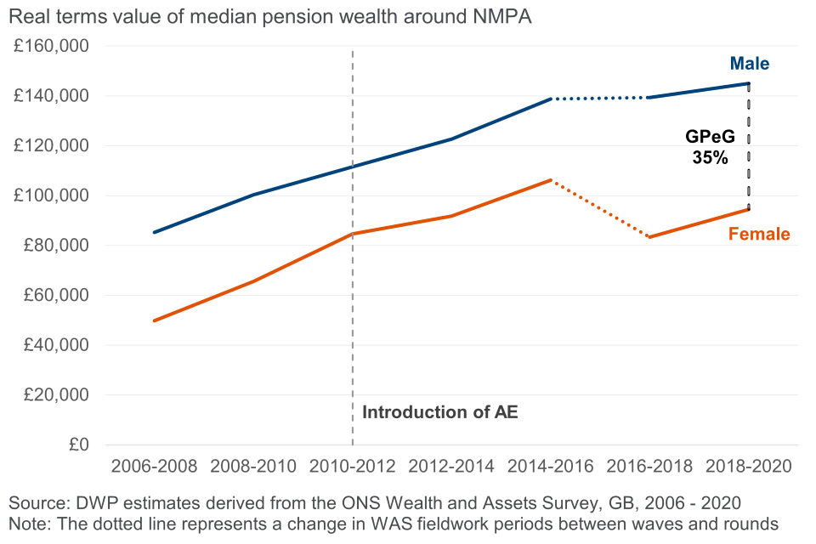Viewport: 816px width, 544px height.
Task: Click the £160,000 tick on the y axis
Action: tap(52, 46)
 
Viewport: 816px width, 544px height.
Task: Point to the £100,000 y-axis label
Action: tap(52, 195)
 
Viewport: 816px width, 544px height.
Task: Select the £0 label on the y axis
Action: tap(80, 445)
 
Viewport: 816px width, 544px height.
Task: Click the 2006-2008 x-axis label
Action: tap(154, 467)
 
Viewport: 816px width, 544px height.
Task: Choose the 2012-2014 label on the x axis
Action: tap(451, 467)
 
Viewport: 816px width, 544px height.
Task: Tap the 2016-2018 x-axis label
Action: tap(650, 467)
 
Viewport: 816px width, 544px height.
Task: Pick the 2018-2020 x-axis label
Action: tap(749, 467)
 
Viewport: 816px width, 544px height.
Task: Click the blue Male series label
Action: tap(750, 64)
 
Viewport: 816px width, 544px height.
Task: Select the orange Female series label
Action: tap(759, 235)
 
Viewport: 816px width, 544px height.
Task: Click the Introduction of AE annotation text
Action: tap(439, 413)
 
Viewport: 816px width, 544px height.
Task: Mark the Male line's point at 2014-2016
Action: tap(551, 99)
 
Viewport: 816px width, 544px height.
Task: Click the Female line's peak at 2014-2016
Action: tap(551, 180)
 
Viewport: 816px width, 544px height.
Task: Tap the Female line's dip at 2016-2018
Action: tap(650, 237)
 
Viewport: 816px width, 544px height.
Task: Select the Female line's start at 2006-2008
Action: tap(154, 320)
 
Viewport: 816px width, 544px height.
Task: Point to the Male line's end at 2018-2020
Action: tap(749, 83)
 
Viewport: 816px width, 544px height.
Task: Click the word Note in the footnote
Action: tap(28, 522)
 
